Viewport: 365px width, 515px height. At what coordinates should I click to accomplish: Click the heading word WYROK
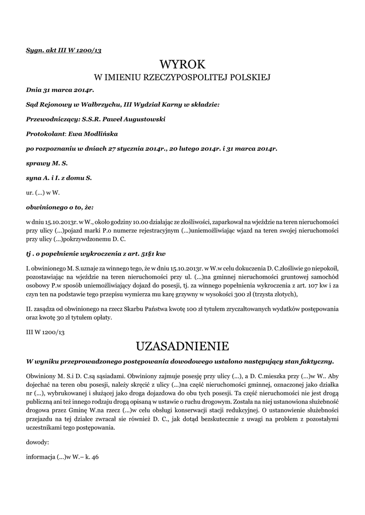[x=182, y=64]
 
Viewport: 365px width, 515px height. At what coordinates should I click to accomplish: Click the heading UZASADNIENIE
[x=182, y=346]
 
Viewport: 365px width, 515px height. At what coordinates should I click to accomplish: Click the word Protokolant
[x=46, y=134]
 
